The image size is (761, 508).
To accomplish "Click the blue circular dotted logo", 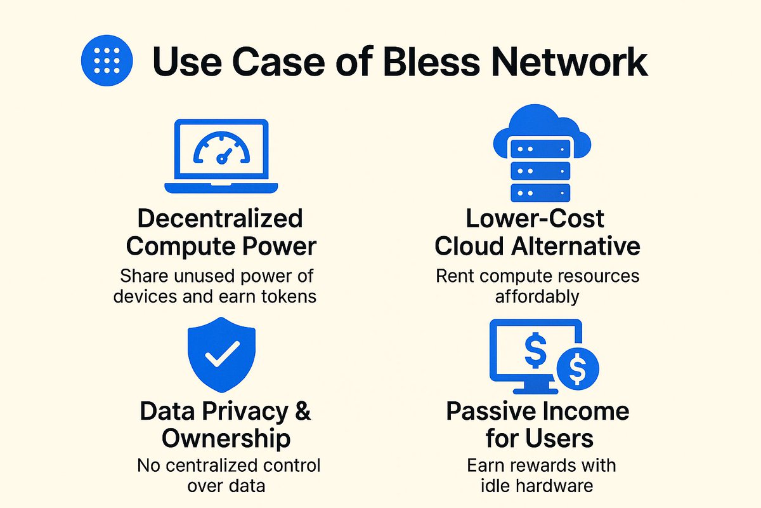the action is coord(107,60).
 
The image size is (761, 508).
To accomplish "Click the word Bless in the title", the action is coord(431,62).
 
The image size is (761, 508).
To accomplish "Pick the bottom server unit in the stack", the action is coord(540,193).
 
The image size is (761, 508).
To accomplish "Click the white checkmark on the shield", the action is coord(222,354).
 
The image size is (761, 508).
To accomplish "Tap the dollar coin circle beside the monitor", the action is coord(578,368).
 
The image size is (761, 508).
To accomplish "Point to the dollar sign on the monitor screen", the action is coord(535,350).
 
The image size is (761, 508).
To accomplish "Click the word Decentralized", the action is coord(220,218).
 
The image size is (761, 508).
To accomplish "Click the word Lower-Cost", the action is coord(535,218).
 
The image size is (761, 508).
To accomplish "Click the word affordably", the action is coord(537,297).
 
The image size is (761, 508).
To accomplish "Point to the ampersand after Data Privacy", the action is coord(302,411).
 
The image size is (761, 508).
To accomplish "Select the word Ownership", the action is coord(226,439).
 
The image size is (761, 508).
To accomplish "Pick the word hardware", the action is coord(554,486).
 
